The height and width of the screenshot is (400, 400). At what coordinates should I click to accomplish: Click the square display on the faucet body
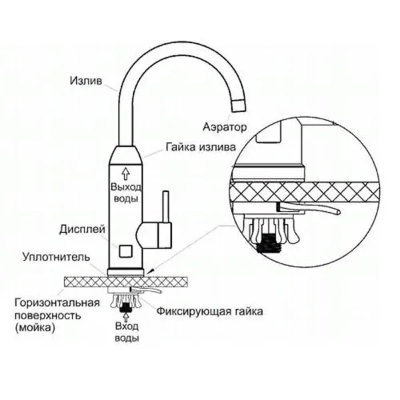click(x=125, y=251)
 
